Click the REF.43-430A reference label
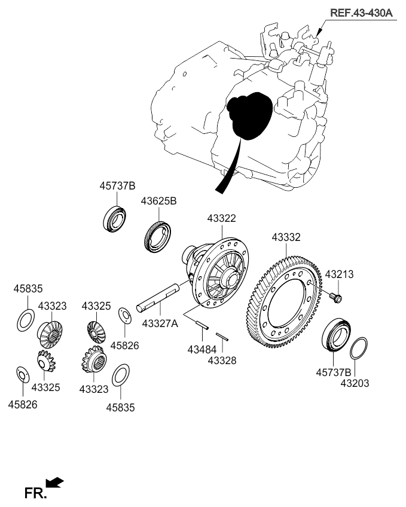361,12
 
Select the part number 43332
286,237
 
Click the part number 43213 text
339,274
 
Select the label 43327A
160,323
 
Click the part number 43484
202,348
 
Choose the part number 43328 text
222,361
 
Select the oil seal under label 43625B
158,237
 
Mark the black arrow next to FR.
54,482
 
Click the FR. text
33,494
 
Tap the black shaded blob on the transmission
249,116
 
